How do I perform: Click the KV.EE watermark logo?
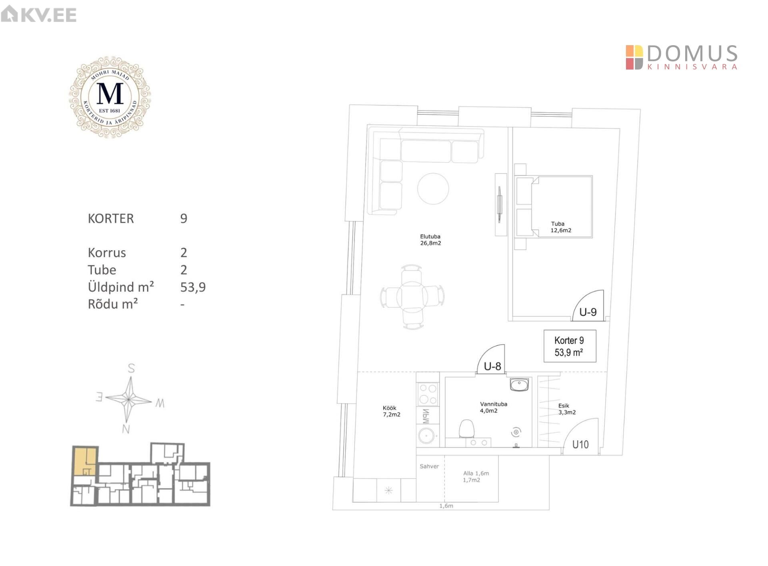point(38,14)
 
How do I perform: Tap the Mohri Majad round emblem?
point(110,97)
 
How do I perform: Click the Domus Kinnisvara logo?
point(682,57)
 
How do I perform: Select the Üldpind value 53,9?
point(193,287)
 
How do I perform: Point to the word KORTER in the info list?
point(111,219)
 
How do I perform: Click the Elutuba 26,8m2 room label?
point(430,240)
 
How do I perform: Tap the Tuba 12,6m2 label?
point(561,227)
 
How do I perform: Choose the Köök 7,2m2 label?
point(391,411)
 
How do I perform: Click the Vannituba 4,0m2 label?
point(494,407)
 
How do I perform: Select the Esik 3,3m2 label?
point(567,409)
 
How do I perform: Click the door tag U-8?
point(492,366)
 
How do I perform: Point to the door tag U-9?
point(588,312)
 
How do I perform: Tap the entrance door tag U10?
point(580,444)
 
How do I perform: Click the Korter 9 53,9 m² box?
point(570,346)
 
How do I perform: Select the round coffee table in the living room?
point(433,189)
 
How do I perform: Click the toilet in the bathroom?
point(467,429)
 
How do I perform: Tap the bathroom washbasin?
point(519,385)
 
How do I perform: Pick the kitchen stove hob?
point(428,394)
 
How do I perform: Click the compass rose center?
point(128,399)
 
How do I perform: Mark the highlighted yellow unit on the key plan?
point(85,462)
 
